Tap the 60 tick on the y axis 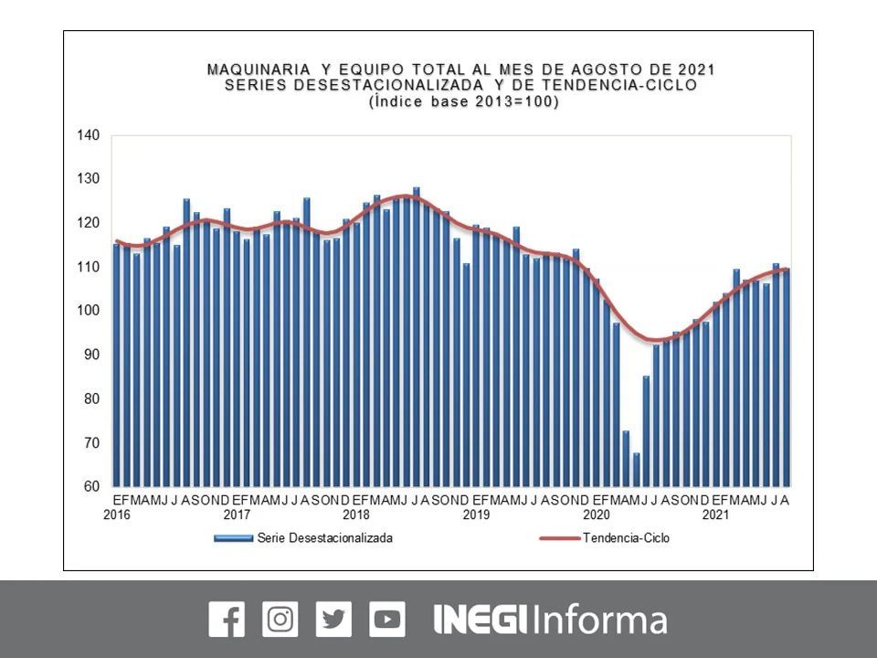click(90, 486)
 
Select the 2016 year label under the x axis click(116, 515)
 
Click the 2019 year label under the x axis click(476, 515)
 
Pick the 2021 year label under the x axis click(715, 515)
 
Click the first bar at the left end click(117, 366)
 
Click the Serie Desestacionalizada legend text click(325, 538)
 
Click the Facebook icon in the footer click(227, 620)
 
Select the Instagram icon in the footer click(280, 620)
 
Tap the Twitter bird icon click(333, 620)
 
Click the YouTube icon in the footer click(387, 620)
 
